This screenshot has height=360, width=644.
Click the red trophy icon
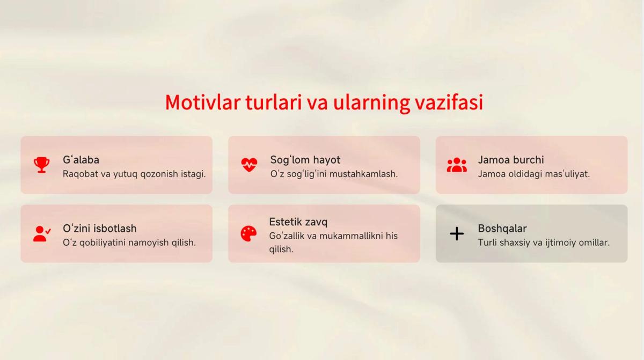click(x=42, y=165)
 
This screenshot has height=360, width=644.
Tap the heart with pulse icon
click(x=249, y=165)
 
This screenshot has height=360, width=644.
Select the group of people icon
click(x=457, y=165)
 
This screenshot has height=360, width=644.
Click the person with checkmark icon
click(x=42, y=233)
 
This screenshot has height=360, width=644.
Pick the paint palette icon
click(x=248, y=233)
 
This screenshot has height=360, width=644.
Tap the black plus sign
click(x=457, y=233)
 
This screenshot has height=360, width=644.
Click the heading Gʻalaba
click(x=81, y=160)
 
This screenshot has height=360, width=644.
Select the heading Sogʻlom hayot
click(x=305, y=160)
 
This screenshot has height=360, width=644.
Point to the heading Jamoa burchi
click(x=511, y=160)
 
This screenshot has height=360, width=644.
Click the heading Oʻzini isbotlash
click(x=100, y=229)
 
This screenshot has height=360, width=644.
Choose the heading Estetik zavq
click(x=298, y=222)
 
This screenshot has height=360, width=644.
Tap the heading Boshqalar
click(x=502, y=229)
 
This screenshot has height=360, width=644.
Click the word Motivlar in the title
click(x=203, y=102)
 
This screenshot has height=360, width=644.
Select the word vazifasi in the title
click(x=449, y=102)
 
